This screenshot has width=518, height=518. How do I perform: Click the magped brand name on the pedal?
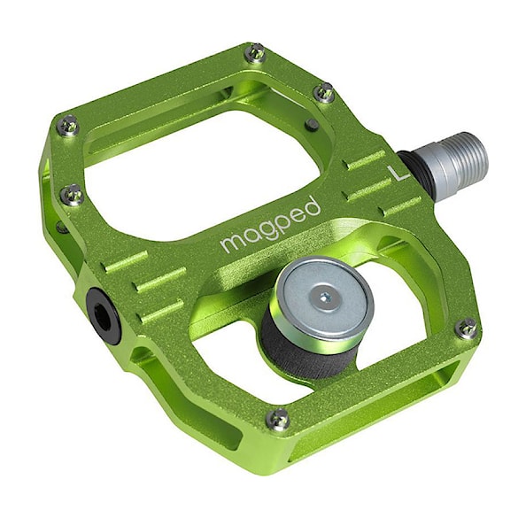[x=270, y=224]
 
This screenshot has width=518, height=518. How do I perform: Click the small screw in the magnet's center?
[x=325, y=298]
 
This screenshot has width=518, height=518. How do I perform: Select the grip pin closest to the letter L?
[x=325, y=91]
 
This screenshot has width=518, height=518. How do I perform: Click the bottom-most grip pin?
[x=279, y=417]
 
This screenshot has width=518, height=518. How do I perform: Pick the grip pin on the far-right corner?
[x=466, y=329]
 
